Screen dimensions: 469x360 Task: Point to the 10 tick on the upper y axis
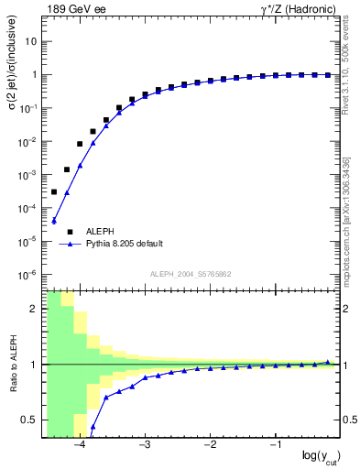[31, 42]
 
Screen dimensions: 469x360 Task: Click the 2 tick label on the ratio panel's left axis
[34, 309]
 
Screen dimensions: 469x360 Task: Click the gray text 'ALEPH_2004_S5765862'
[191, 274]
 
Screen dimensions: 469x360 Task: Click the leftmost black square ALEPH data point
[54, 192]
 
